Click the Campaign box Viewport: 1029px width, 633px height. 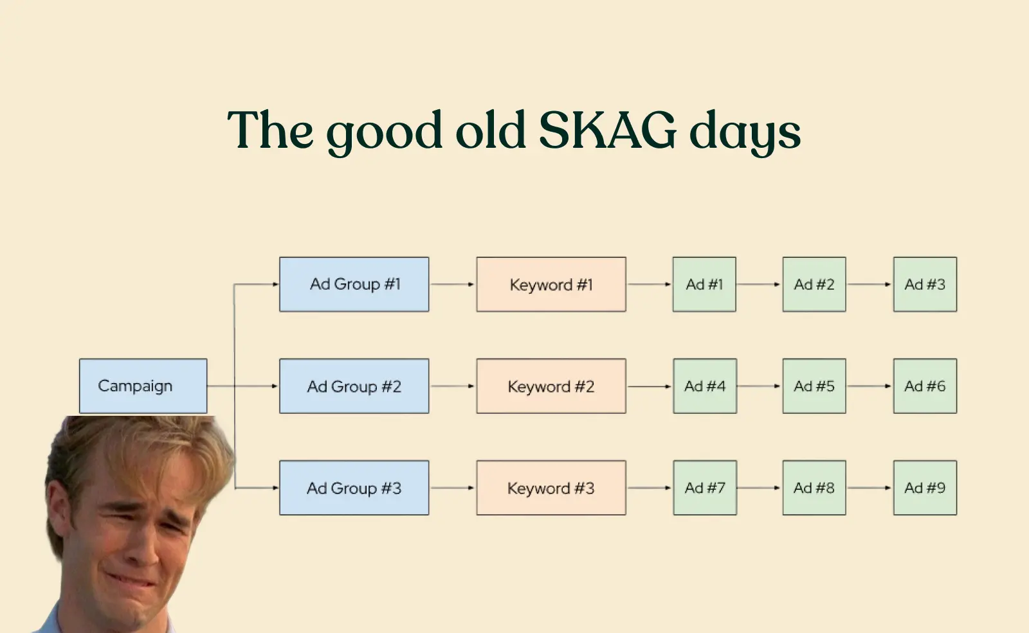click(x=143, y=386)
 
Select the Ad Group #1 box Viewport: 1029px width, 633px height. click(x=354, y=285)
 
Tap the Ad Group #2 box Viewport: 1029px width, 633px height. click(x=354, y=386)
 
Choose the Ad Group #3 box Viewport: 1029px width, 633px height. click(x=354, y=488)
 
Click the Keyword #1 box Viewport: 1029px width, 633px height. click(x=551, y=285)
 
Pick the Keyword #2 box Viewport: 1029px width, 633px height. click(x=551, y=386)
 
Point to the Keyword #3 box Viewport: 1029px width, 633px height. click(x=551, y=488)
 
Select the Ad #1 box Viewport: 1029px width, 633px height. click(x=705, y=285)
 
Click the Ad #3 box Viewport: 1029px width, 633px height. click(x=925, y=285)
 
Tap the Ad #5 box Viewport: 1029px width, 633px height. click(x=814, y=386)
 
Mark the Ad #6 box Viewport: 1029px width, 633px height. click(x=925, y=386)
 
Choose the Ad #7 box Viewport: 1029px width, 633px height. click(x=705, y=488)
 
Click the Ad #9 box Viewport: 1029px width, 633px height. click(x=925, y=488)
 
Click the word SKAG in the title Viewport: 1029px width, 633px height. click(x=607, y=129)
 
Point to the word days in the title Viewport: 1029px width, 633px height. click(x=745, y=133)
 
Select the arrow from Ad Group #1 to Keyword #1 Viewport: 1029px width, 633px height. click(x=453, y=285)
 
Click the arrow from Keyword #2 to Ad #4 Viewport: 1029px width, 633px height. click(x=650, y=386)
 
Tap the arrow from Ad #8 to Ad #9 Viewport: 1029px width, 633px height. click(x=870, y=488)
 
